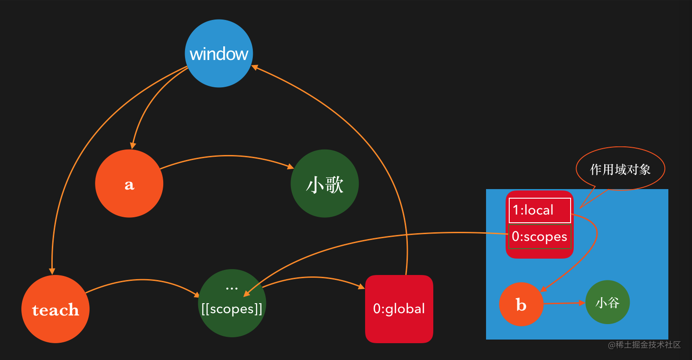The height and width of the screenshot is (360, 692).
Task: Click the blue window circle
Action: click(x=219, y=53)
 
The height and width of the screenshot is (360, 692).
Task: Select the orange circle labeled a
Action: click(x=129, y=184)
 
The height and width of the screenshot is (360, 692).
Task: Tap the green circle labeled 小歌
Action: click(x=325, y=184)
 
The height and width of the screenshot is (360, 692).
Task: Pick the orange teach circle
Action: click(x=55, y=309)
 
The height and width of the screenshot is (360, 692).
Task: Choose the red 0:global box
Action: click(x=399, y=309)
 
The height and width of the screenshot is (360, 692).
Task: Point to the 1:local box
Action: click(x=540, y=210)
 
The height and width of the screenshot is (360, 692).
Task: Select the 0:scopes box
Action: click(x=540, y=237)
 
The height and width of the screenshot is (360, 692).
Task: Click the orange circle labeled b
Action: click(x=521, y=304)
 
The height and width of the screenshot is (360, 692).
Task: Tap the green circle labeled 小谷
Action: click(x=607, y=302)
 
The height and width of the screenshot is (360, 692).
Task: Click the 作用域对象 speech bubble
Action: click(x=620, y=169)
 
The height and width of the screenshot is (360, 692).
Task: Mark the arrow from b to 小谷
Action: click(x=564, y=303)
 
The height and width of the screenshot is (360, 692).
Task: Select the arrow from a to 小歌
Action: click(x=227, y=156)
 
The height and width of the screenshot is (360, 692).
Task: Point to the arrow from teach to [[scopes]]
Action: click(x=143, y=280)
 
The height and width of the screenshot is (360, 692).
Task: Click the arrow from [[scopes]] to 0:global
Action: click(x=314, y=277)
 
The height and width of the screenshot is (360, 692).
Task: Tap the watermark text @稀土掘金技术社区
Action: click(x=644, y=345)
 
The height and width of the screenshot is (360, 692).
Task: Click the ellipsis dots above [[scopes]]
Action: click(x=232, y=288)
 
